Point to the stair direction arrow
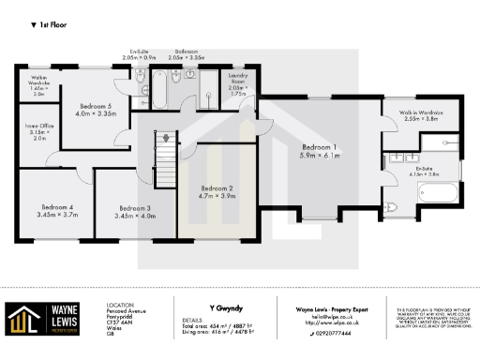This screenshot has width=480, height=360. [166, 138]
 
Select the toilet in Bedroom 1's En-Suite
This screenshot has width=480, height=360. [392, 207]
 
